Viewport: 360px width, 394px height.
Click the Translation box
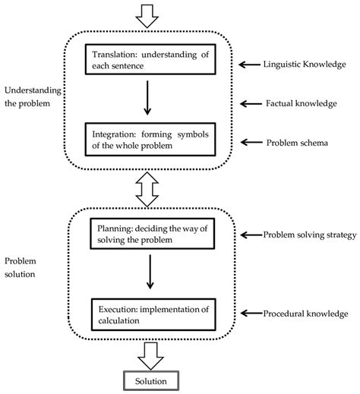click(151, 60)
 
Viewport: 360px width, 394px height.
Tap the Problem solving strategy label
click(309, 235)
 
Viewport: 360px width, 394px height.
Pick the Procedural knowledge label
click(305, 314)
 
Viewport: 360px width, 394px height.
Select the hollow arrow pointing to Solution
click(150, 353)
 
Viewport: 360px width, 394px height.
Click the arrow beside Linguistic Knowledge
click(248, 65)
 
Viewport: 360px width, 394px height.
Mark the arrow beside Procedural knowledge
click(248, 314)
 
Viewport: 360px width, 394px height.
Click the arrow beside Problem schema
click(248, 142)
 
